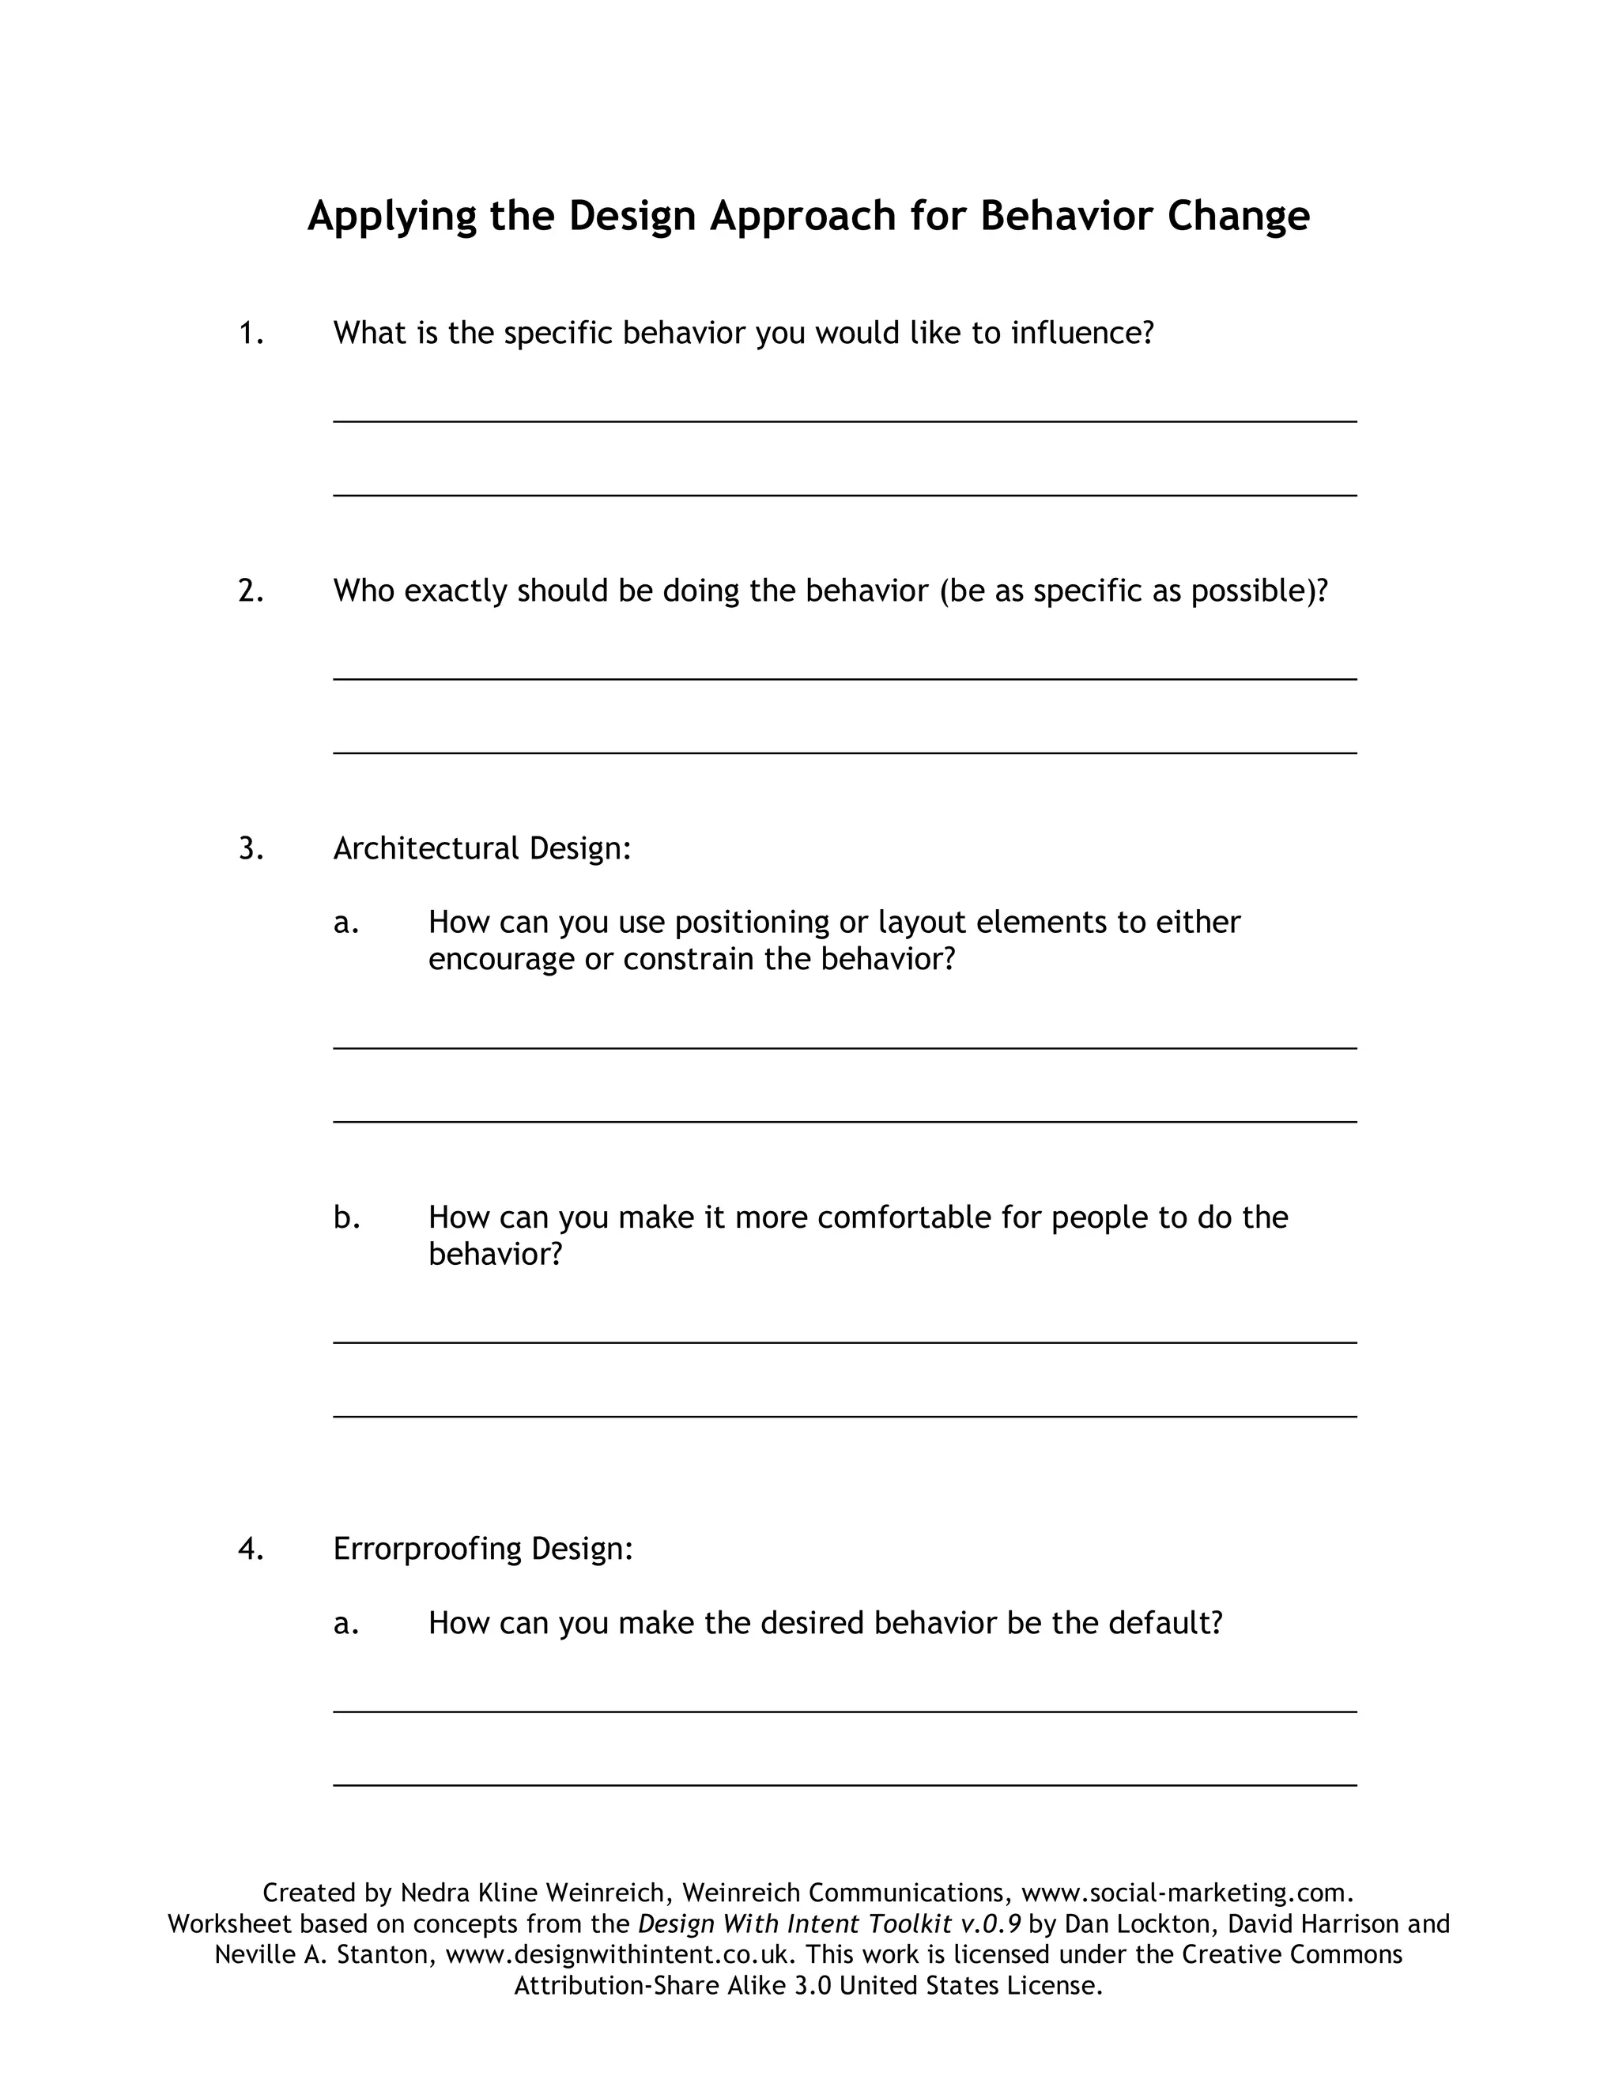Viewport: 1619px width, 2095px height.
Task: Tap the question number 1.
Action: click(x=251, y=333)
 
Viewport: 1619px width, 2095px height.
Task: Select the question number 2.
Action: click(x=251, y=591)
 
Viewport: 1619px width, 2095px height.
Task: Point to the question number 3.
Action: click(x=251, y=849)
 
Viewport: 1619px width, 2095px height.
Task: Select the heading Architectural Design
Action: click(x=481, y=849)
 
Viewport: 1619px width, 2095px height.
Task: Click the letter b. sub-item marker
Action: click(x=346, y=1217)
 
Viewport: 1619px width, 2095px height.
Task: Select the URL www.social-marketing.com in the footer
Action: click(x=1187, y=1893)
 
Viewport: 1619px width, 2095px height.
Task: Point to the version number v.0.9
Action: click(x=991, y=1924)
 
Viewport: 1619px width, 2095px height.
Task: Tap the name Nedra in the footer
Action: click(x=432, y=1893)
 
